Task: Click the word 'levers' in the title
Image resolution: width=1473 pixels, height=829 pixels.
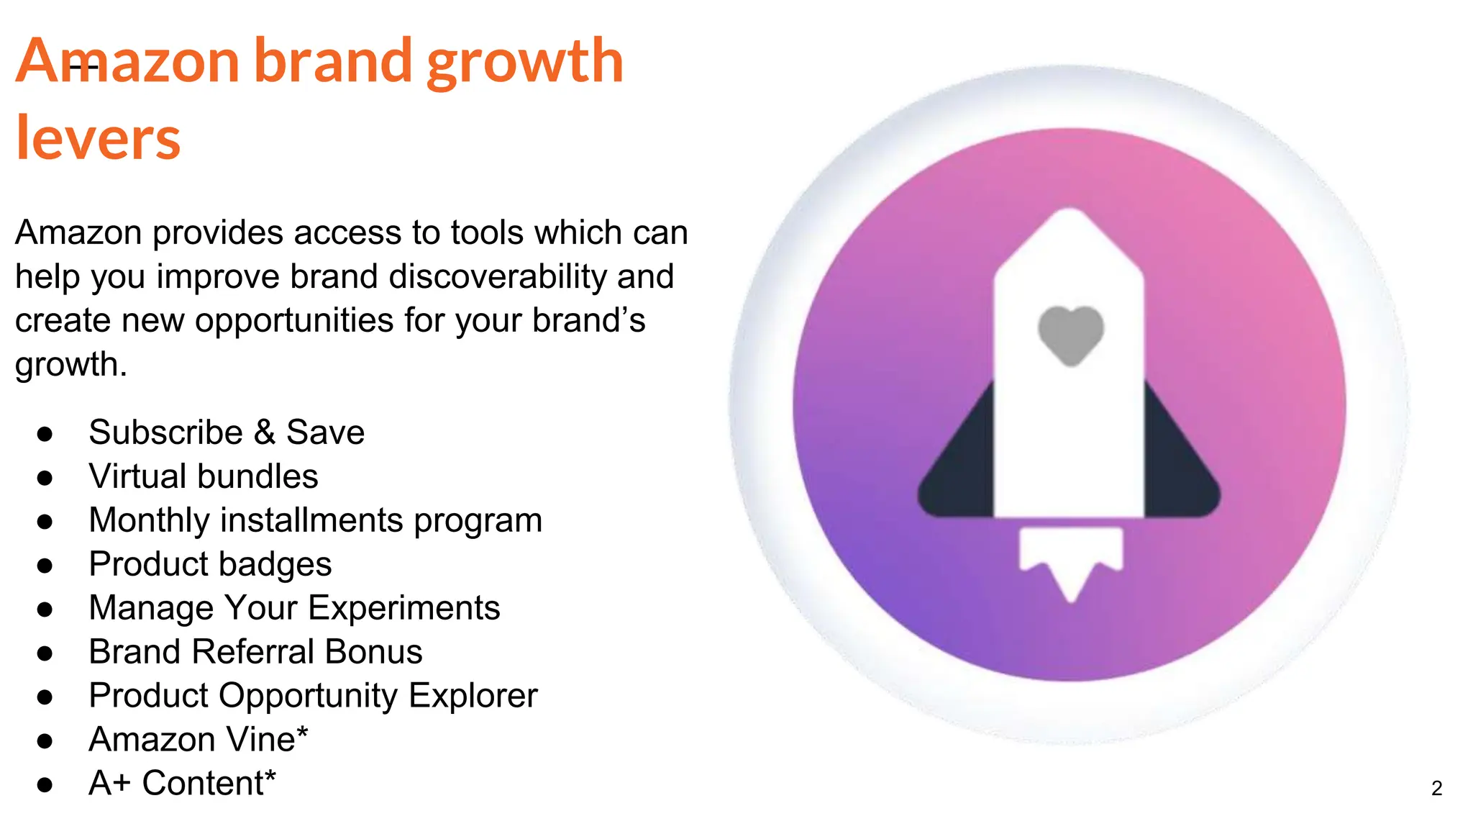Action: (98, 138)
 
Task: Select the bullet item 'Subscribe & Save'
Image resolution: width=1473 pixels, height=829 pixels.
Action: (227, 432)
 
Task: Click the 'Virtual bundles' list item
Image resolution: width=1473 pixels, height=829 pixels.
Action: (203, 476)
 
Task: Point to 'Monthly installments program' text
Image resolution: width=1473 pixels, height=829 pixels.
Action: (315, 520)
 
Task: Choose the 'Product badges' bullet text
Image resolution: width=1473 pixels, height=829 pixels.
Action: (210, 564)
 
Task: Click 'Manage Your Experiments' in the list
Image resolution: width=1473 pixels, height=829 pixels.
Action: (294, 608)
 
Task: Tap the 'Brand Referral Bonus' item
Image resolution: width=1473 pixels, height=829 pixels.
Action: (255, 652)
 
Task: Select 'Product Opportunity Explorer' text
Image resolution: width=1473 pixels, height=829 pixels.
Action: (313, 696)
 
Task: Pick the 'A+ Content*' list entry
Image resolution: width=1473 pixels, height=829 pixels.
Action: (182, 783)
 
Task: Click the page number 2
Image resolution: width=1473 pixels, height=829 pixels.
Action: (1436, 789)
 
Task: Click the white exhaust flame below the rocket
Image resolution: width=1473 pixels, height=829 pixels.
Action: (1071, 558)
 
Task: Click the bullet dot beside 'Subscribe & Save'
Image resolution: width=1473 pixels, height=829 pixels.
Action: (45, 434)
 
